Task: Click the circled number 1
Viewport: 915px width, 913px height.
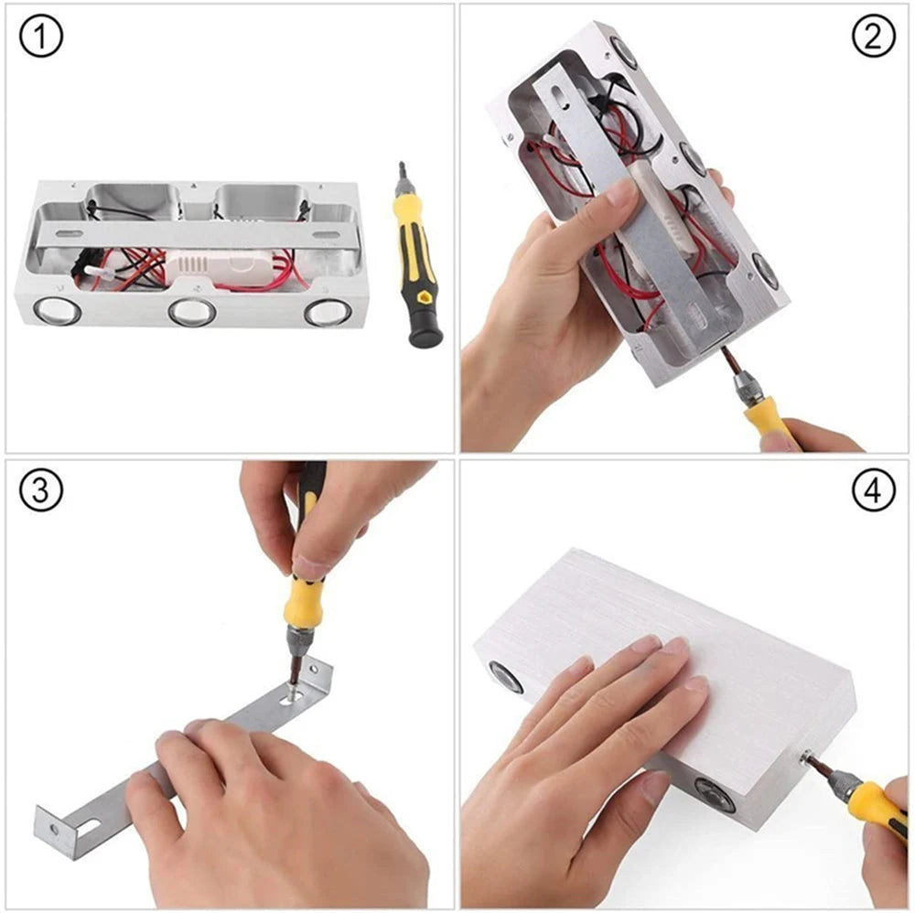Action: pyautogui.click(x=40, y=37)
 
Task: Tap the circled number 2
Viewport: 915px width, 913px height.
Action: pyautogui.click(x=873, y=37)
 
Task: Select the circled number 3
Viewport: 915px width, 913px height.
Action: pyautogui.click(x=40, y=490)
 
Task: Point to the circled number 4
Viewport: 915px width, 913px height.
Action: pyautogui.click(x=873, y=490)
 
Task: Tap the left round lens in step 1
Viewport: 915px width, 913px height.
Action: pyautogui.click(x=56, y=311)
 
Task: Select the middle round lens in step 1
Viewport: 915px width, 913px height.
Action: pyautogui.click(x=192, y=312)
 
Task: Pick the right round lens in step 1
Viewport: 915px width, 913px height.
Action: pyautogui.click(x=327, y=312)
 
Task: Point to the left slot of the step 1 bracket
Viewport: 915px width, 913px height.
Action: pyautogui.click(x=70, y=234)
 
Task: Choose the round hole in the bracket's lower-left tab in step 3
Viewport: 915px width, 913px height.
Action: pyautogui.click(x=54, y=829)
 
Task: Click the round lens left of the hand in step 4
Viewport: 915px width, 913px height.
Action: pyautogui.click(x=505, y=678)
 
